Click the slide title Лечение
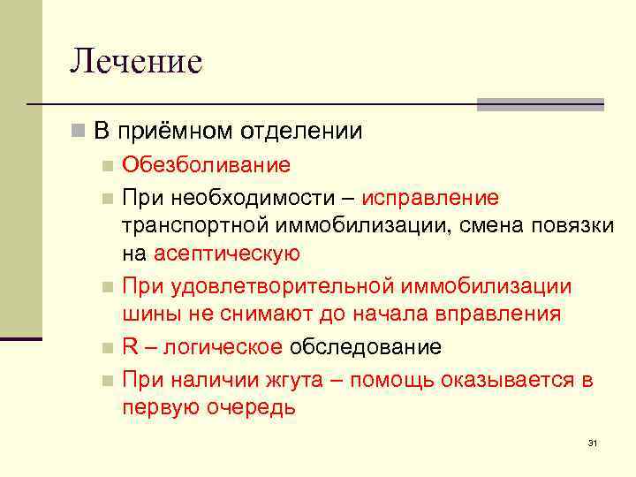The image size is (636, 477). pyautogui.click(x=136, y=61)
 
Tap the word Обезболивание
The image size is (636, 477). pyautogui.click(x=206, y=165)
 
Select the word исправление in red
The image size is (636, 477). pyautogui.click(x=436, y=196)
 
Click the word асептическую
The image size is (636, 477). pyautogui.click(x=227, y=254)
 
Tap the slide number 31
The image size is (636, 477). pyautogui.click(x=592, y=443)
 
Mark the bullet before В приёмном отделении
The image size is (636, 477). pyautogui.click(x=78, y=132)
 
